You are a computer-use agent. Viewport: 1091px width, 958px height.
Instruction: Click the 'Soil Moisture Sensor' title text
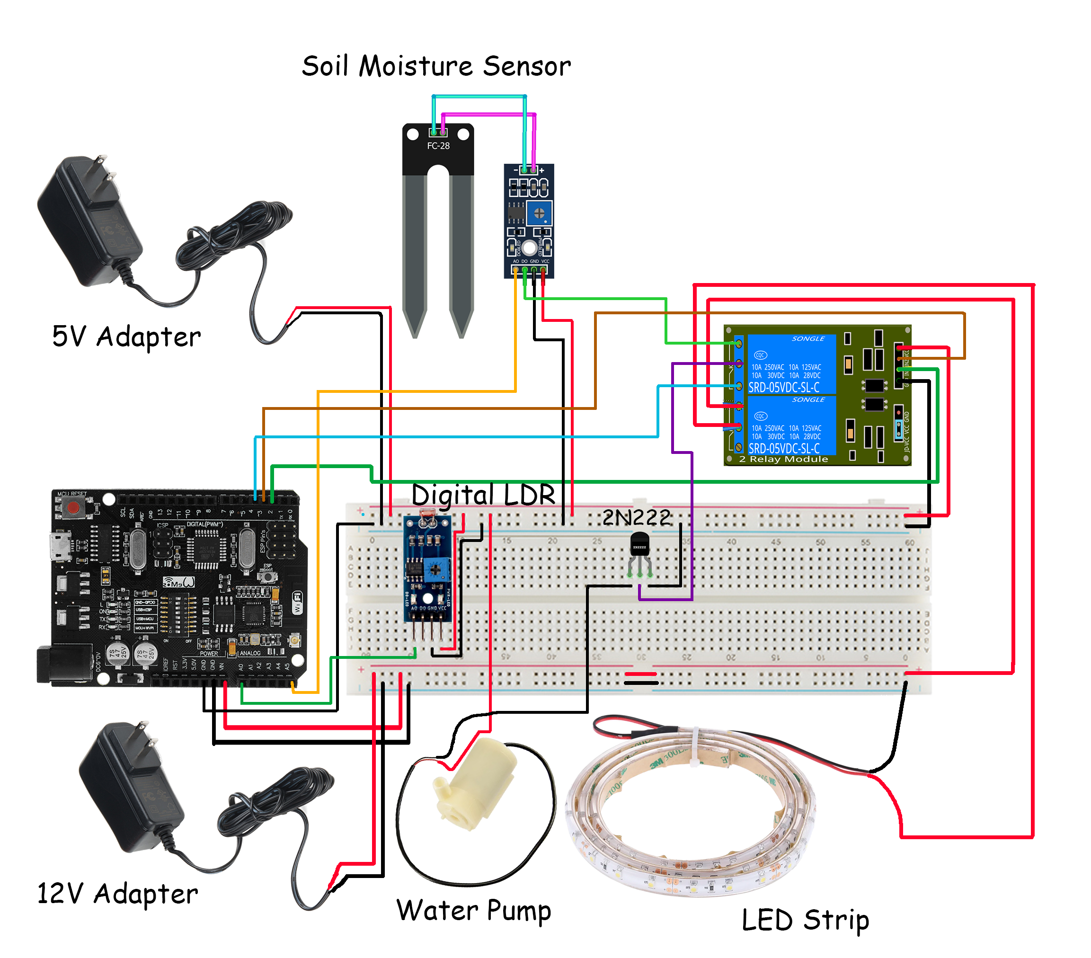coord(436,67)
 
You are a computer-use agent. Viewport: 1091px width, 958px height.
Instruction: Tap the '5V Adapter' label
coord(126,337)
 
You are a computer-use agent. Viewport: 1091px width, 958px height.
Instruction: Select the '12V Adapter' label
coord(117,893)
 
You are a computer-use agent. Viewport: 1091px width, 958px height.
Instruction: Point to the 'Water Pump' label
coord(473,910)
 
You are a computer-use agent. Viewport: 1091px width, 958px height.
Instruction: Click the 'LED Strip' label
coord(805,919)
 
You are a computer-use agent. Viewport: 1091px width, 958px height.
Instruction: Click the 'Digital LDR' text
coord(483,495)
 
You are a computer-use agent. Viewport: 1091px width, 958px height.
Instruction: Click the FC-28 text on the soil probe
coord(438,146)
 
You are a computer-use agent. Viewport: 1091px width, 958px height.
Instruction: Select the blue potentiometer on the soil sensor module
coord(539,213)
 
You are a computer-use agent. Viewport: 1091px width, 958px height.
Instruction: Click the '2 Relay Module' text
coord(783,459)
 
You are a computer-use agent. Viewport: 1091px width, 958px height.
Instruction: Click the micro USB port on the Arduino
coord(60,545)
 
